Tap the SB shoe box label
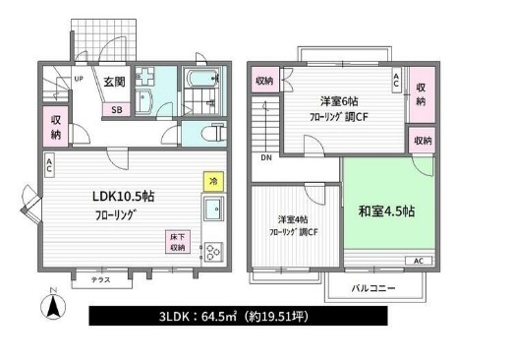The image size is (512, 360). (117, 110)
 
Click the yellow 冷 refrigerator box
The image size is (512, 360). (212, 181)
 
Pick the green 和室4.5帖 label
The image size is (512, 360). (384, 211)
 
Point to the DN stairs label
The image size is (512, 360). (265, 157)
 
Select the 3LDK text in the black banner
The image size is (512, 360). (175, 318)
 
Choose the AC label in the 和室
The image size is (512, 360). (417, 261)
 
